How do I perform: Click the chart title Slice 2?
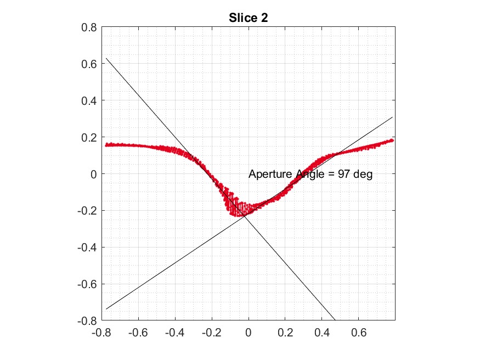[x=248, y=18]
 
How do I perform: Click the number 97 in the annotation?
[x=345, y=175]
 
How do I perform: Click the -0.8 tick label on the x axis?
[x=101, y=332]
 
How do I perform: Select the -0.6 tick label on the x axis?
[x=138, y=332]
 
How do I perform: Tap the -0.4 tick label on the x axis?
[x=174, y=332]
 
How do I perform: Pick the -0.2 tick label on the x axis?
[x=211, y=332]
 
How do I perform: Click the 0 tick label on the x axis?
[x=249, y=332]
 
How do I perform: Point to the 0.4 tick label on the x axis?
[x=322, y=332]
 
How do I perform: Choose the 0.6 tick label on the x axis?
[x=359, y=332]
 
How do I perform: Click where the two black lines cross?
[x=245, y=215]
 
